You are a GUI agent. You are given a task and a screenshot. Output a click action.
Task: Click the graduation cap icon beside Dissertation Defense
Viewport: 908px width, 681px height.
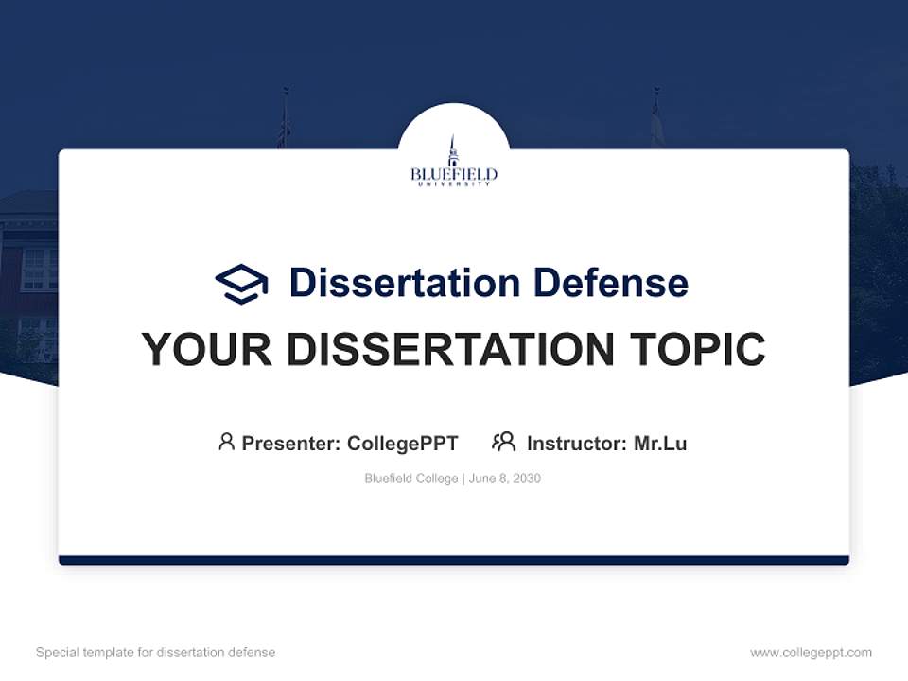coord(241,284)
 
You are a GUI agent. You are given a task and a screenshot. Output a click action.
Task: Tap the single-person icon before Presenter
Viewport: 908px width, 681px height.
coord(226,442)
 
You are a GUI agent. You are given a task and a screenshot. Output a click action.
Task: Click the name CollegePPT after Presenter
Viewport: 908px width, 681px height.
coord(402,444)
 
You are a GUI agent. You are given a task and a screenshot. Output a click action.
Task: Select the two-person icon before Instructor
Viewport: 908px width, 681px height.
coord(503,442)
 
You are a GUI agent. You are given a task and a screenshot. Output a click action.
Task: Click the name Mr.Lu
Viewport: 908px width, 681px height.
coord(660,444)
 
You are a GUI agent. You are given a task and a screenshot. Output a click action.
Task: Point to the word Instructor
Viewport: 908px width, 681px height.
coord(576,444)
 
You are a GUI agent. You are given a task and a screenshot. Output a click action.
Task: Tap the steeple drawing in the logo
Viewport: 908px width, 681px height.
coord(453,149)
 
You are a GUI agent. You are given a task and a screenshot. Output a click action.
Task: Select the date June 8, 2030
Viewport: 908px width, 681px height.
coord(505,479)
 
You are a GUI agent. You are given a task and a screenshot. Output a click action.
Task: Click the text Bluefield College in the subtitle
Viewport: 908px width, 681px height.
coord(411,479)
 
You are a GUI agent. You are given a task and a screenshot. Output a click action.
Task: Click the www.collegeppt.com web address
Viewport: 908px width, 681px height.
coord(811,653)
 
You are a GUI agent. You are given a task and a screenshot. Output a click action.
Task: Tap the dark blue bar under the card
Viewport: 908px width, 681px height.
coord(453,560)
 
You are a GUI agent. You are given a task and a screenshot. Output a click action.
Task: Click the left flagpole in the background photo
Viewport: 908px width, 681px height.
coord(285,118)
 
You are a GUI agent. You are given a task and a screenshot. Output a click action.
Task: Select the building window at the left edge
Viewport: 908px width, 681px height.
coord(39,269)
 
